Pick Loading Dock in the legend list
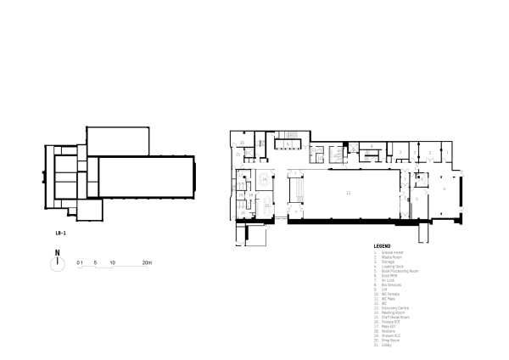[x=391, y=266]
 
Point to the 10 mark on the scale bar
[x=112, y=263]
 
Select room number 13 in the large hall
[x=348, y=194]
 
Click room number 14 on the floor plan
[x=266, y=179]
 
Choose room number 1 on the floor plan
[x=447, y=151]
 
